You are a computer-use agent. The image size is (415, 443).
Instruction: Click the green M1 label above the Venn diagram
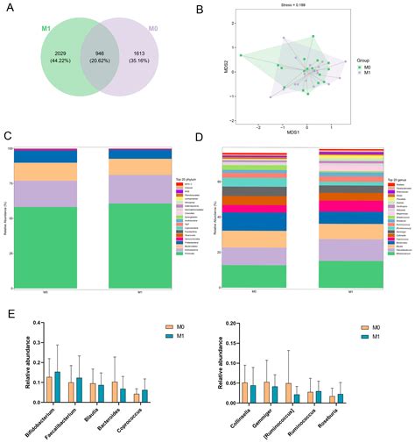tap(46, 28)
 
